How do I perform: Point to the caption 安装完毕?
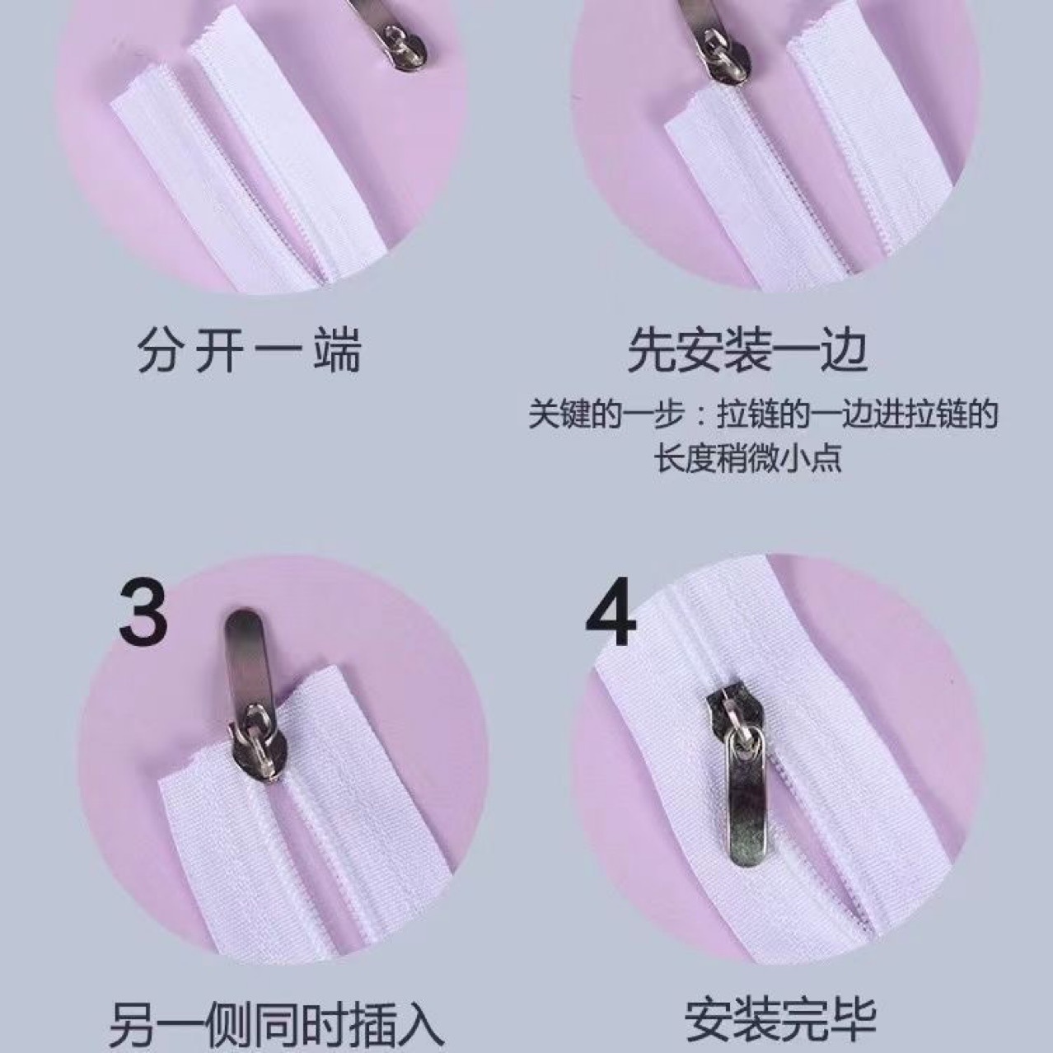(781, 1018)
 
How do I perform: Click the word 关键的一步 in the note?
(606, 415)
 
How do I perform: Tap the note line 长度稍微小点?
(748, 458)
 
